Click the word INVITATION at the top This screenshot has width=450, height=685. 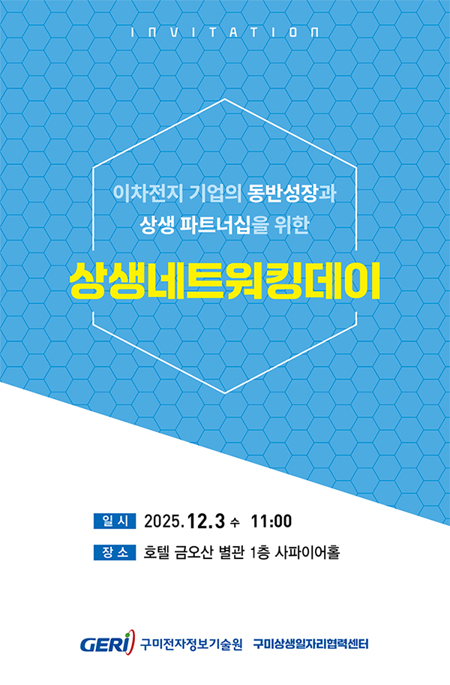point(225,33)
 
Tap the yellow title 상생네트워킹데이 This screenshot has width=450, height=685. point(225,281)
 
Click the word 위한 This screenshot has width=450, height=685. point(292,224)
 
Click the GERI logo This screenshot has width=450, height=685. point(108,643)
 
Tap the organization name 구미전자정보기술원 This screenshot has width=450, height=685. point(191,644)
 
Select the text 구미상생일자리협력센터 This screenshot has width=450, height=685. point(311,644)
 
